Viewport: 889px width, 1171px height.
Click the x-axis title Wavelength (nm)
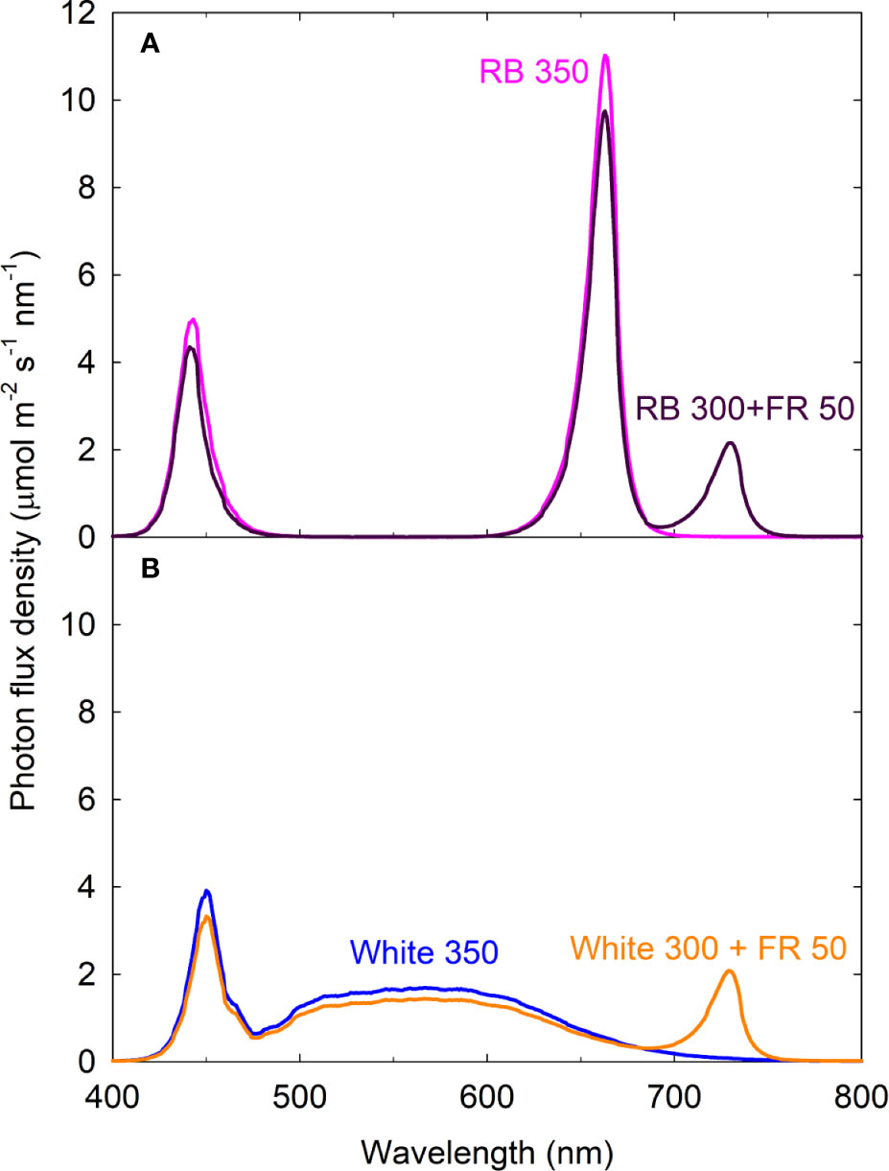[x=487, y=1148]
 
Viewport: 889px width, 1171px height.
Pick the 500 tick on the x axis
[x=300, y=1094]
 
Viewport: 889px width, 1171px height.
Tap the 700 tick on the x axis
[x=674, y=1094]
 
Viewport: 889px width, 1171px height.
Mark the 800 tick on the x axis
[x=860, y=1094]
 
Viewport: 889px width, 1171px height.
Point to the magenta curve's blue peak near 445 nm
[x=194, y=319]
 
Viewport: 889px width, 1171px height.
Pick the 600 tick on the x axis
[x=487, y=1094]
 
